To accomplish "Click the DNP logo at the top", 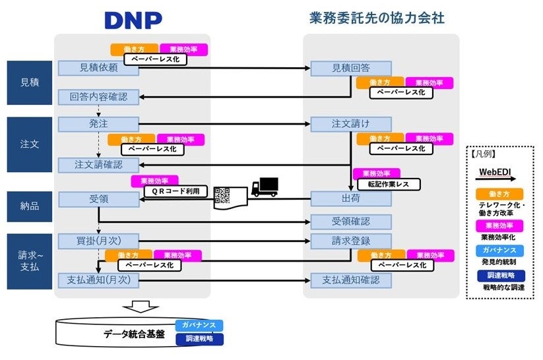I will (133, 19).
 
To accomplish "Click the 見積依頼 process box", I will (98, 68).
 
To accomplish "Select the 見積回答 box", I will (350, 68).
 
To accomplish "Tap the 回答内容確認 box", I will (98, 96).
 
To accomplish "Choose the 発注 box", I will (98, 123).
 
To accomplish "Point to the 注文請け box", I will (350, 123).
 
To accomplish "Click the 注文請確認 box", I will (98, 164).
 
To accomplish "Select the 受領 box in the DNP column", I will (98, 198).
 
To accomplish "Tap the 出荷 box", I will (350, 198).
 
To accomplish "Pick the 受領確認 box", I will (350, 221).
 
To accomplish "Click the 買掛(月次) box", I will (98, 240).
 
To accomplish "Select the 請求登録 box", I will (350, 240).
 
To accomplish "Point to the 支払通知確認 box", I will (350, 280).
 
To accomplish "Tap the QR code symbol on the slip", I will (222, 195).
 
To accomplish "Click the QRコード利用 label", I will (176, 191).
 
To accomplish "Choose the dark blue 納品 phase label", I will (29, 206).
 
